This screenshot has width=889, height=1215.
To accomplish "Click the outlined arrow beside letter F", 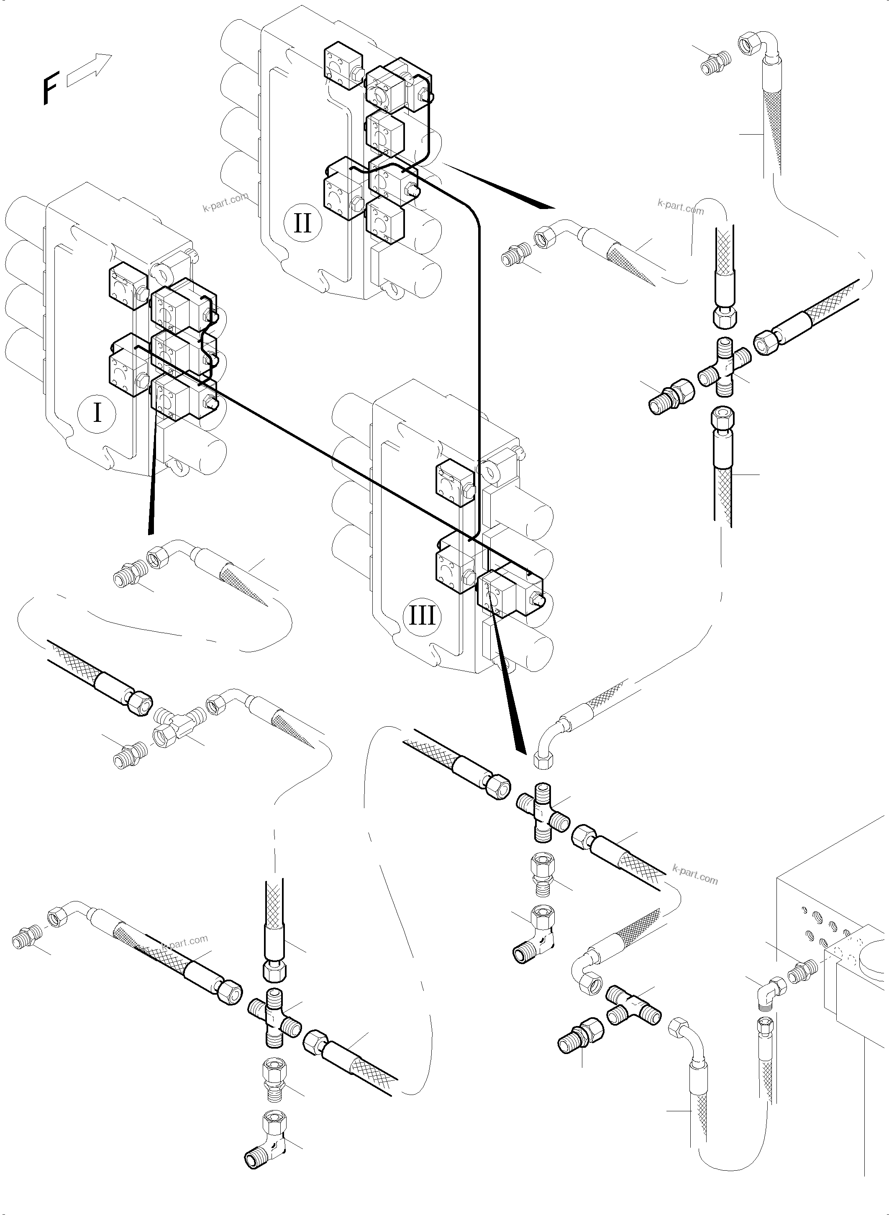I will pyautogui.click(x=89, y=70).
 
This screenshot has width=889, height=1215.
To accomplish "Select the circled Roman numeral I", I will pyautogui.click(x=97, y=413).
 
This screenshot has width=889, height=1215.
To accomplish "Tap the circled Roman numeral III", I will pyautogui.click(x=422, y=616).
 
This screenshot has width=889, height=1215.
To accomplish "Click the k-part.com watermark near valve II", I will pyautogui.click(x=225, y=202).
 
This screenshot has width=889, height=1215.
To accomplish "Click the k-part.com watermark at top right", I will pyautogui.click(x=680, y=206).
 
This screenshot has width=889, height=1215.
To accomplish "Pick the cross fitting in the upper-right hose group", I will pyautogui.click(x=724, y=368).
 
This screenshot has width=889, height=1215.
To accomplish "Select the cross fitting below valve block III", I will pyautogui.click(x=543, y=814).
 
